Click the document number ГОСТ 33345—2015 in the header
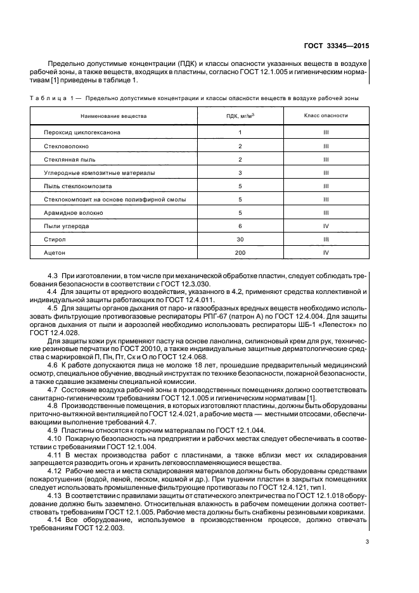[337, 46]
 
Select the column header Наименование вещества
[113, 117]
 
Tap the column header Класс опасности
[325, 117]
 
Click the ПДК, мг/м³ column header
[240, 117]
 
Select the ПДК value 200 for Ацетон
[240, 252]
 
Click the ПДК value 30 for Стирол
[240, 239]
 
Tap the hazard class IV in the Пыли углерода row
[325, 226]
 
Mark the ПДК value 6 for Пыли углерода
[240, 226]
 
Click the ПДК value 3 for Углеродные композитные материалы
[240, 172]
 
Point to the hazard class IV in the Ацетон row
[325, 252]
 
